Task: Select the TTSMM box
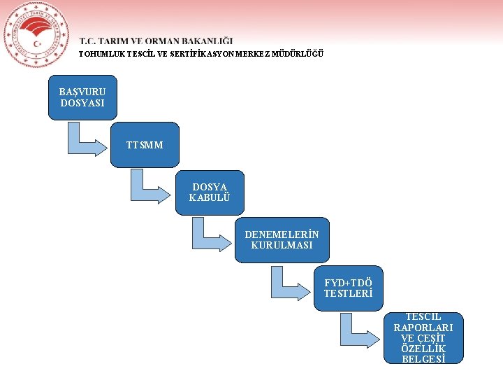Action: pos(145,145)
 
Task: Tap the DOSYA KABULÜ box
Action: pos(209,192)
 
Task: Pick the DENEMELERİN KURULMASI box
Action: pos(282,240)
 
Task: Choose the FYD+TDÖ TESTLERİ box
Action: pos(348,288)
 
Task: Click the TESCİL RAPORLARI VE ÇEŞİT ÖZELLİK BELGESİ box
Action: pos(423,338)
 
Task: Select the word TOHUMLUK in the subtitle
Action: pos(99,54)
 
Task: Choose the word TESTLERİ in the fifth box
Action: pos(348,293)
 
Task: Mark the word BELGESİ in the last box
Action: pos(423,360)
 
